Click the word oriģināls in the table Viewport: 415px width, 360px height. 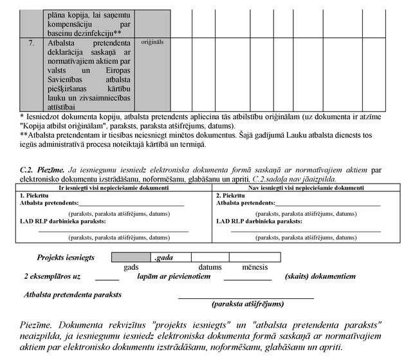[152, 43]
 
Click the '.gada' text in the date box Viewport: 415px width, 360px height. [163, 258]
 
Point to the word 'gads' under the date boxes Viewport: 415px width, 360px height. [131, 267]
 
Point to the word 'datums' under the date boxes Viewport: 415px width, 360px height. [210, 267]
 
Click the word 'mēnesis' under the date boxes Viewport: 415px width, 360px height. [255, 267]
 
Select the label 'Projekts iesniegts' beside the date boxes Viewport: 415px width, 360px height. [66, 257]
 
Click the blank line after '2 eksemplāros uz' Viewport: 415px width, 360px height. [107, 279]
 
